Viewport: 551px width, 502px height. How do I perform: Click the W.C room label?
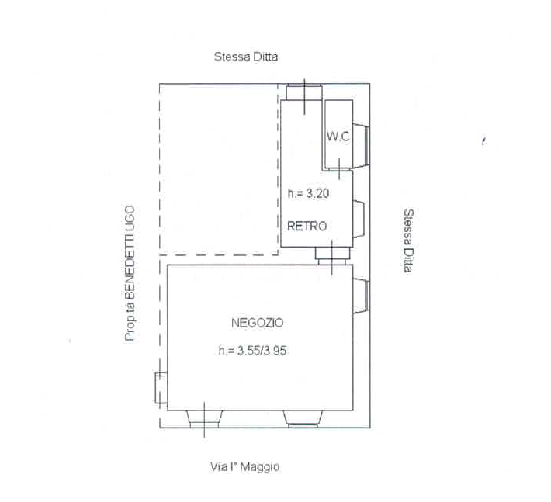pyautogui.click(x=338, y=137)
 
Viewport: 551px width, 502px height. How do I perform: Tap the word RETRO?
pyautogui.click(x=307, y=226)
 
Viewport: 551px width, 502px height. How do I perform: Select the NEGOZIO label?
pyautogui.click(x=257, y=323)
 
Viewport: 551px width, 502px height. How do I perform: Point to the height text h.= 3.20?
pyautogui.click(x=308, y=193)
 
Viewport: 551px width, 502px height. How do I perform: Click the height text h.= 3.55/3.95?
pyautogui.click(x=252, y=350)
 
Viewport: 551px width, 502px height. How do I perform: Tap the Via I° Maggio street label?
pyautogui.click(x=245, y=466)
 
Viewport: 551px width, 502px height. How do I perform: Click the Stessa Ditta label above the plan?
pyautogui.click(x=246, y=57)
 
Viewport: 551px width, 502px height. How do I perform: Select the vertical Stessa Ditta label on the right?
pyautogui.click(x=408, y=241)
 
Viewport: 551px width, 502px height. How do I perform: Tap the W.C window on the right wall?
pyautogui.click(x=361, y=145)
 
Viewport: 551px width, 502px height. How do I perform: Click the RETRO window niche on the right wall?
pyautogui.click(x=359, y=220)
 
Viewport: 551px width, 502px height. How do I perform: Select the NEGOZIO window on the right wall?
pyautogui.click(x=361, y=296)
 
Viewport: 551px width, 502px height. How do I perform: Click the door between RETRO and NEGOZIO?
pyautogui.click(x=332, y=256)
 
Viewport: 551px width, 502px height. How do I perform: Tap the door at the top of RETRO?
pyautogui.click(x=304, y=92)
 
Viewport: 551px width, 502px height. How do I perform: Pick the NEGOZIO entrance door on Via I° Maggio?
pyautogui.click(x=204, y=419)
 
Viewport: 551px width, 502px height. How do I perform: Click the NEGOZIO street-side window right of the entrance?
pyautogui.click(x=303, y=419)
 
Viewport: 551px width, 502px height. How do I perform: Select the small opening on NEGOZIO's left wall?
pyautogui.click(x=161, y=387)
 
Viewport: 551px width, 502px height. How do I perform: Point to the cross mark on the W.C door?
pyautogui.click(x=339, y=168)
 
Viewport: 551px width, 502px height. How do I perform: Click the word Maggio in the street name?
pyautogui.click(x=261, y=467)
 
